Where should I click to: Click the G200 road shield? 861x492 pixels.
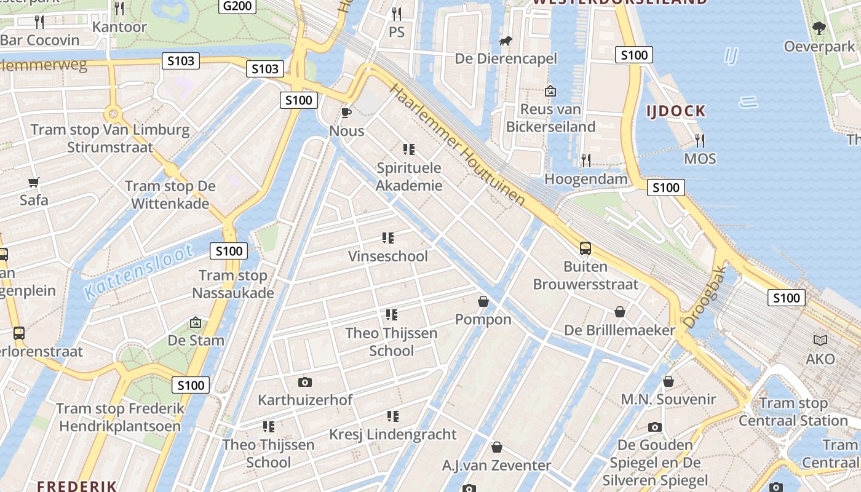click(x=237, y=6)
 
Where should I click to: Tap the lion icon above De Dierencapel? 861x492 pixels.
click(x=506, y=41)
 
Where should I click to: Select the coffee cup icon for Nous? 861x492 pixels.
click(x=346, y=113)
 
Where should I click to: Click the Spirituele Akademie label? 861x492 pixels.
click(x=409, y=176)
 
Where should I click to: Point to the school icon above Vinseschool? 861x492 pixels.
click(x=387, y=237)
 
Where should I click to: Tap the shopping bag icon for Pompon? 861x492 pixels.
click(x=483, y=301)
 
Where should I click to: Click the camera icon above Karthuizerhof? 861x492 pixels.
click(x=304, y=382)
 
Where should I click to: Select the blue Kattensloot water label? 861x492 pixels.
click(x=138, y=271)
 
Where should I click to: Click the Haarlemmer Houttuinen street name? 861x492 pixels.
click(x=458, y=145)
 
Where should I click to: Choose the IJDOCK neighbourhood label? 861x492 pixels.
click(x=675, y=111)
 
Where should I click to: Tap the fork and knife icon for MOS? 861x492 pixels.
click(x=699, y=140)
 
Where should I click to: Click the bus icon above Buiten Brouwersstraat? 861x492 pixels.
click(x=585, y=248)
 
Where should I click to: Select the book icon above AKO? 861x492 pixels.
click(x=820, y=340)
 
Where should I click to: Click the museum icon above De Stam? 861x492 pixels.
click(x=195, y=322)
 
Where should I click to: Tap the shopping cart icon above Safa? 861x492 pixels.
click(x=33, y=182)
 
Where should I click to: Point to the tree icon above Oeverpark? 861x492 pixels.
click(x=819, y=28)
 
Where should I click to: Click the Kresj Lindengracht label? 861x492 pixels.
click(x=392, y=434)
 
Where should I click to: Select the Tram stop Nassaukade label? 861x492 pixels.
click(x=233, y=284)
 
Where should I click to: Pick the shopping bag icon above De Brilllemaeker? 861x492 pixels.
click(x=620, y=312)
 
